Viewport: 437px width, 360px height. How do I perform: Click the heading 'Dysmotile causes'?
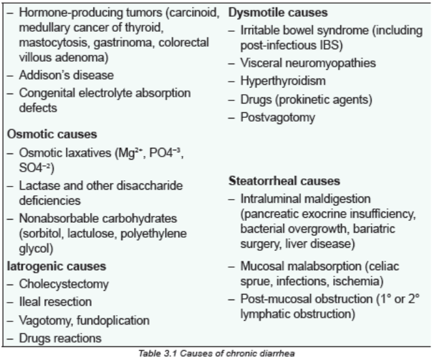(278, 12)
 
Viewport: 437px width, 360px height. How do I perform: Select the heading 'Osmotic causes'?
(52, 134)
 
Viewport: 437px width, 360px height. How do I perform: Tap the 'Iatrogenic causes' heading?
(57, 266)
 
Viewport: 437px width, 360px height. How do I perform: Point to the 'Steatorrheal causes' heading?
(284, 181)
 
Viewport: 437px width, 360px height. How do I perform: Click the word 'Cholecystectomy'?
(64, 284)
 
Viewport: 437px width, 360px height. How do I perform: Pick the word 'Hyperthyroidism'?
(283, 81)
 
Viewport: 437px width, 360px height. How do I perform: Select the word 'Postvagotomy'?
(277, 117)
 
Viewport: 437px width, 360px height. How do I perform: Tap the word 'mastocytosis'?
(55, 42)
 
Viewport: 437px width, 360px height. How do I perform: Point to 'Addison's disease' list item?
(66, 75)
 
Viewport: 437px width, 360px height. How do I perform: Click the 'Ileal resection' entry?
(55, 302)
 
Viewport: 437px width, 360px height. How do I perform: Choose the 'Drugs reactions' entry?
(60, 338)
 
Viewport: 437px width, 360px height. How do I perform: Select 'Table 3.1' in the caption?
(158, 354)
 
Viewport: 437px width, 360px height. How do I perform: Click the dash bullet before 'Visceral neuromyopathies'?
(231, 64)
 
